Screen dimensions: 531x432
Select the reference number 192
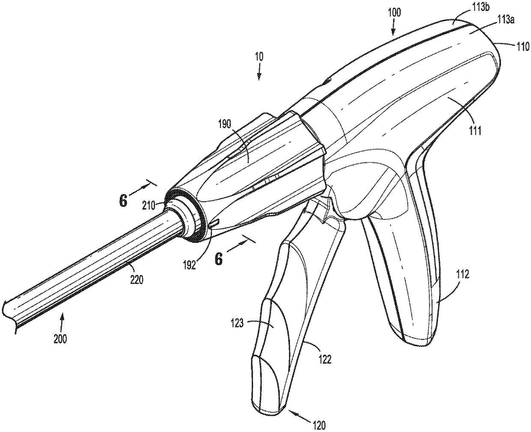[x=189, y=265]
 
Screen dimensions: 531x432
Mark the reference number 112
[x=462, y=274]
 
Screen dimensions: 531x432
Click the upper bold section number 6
[x=123, y=201]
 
